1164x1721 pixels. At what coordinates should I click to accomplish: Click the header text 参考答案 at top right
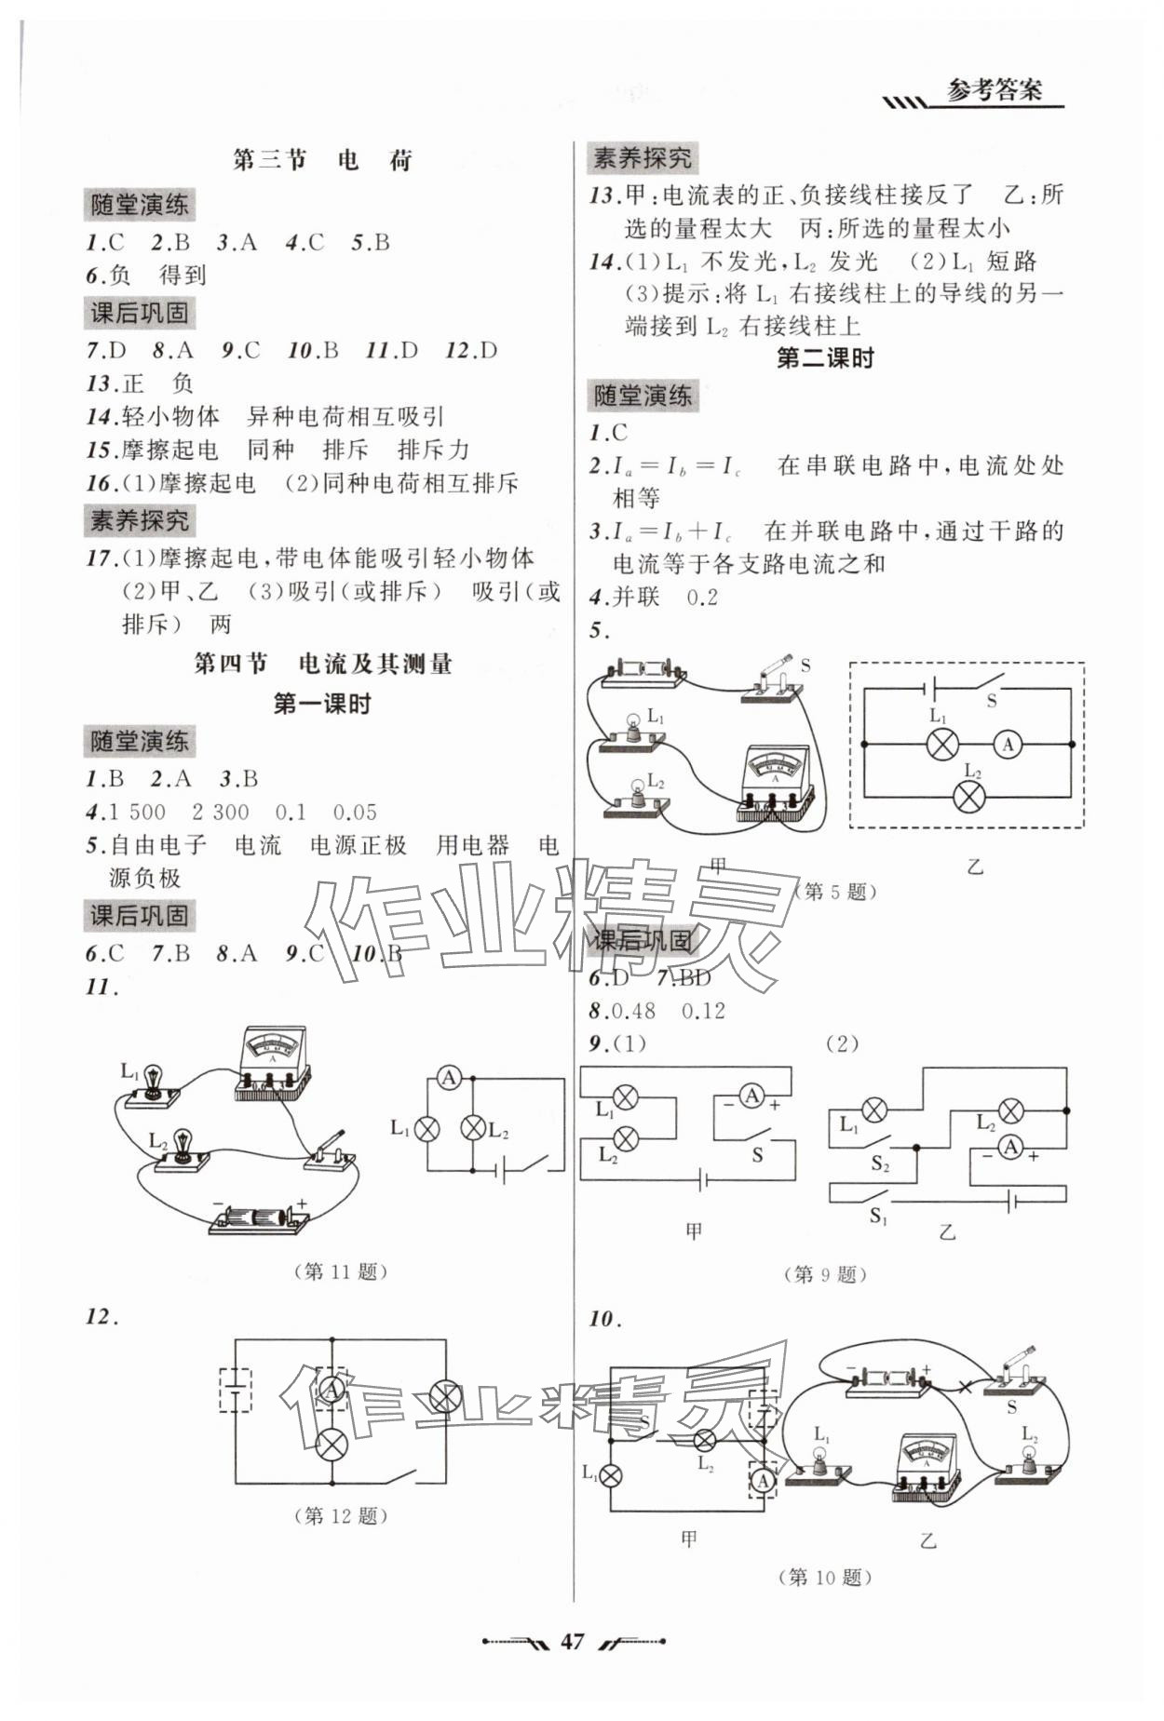pyautogui.click(x=994, y=91)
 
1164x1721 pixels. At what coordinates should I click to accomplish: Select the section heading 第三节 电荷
pyautogui.click(x=321, y=160)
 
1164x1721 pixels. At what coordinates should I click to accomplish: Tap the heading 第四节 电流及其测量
pyautogui.click(x=322, y=664)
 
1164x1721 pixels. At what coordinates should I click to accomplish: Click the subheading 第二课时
pyautogui.click(x=825, y=358)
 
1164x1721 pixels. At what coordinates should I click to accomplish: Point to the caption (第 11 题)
pyautogui.click(x=340, y=1271)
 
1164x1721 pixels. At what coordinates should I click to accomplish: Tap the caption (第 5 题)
pyautogui.click(x=834, y=892)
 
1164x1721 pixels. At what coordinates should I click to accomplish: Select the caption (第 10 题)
pyautogui.click(x=825, y=1577)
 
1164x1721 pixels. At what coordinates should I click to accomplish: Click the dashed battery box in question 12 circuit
pyautogui.click(x=234, y=1390)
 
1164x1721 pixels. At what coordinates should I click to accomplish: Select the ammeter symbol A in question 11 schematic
pyautogui.click(x=450, y=1078)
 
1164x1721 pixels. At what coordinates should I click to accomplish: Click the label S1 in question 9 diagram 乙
pyautogui.click(x=877, y=1216)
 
